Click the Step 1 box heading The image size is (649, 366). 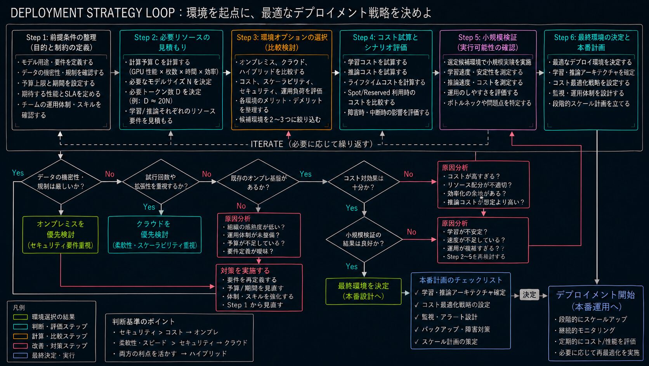61,42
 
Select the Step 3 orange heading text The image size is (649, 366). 282,42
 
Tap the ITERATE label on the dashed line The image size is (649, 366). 267,144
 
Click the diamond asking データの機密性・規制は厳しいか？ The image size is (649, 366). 61,182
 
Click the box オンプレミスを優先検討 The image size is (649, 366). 60,235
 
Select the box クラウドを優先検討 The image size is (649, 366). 154,235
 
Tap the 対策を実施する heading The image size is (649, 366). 245,270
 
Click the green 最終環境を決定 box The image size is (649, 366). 363,291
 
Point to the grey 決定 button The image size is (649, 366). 529,295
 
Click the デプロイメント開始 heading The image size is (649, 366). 595,295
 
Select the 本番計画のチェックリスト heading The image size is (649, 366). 461,280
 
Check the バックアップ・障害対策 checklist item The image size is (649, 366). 453,329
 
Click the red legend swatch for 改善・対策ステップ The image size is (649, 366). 20,346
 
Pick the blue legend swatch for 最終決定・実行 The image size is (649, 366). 20,355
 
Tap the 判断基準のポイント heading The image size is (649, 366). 143,322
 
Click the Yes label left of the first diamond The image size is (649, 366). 18,173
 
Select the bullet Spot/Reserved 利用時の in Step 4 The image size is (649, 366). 380,93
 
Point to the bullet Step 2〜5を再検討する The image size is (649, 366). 474,257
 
